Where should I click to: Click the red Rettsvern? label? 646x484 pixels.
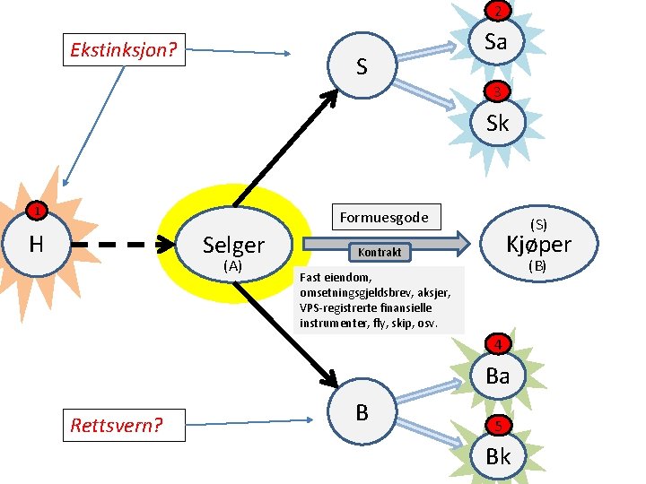[x=117, y=424]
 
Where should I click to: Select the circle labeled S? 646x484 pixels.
[x=361, y=65]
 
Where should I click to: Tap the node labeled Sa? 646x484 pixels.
[x=496, y=41]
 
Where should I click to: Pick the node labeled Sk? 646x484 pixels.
[x=497, y=123]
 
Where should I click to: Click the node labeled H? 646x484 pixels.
[x=36, y=244]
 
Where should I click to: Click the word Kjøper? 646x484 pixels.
[x=538, y=244]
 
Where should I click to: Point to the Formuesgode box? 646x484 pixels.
[x=384, y=217]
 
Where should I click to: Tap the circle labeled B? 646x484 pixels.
[x=362, y=412]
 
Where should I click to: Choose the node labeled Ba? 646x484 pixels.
[x=497, y=376]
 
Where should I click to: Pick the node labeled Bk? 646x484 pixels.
[x=497, y=455]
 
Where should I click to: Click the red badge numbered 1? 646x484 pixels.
[x=35, y=212]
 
